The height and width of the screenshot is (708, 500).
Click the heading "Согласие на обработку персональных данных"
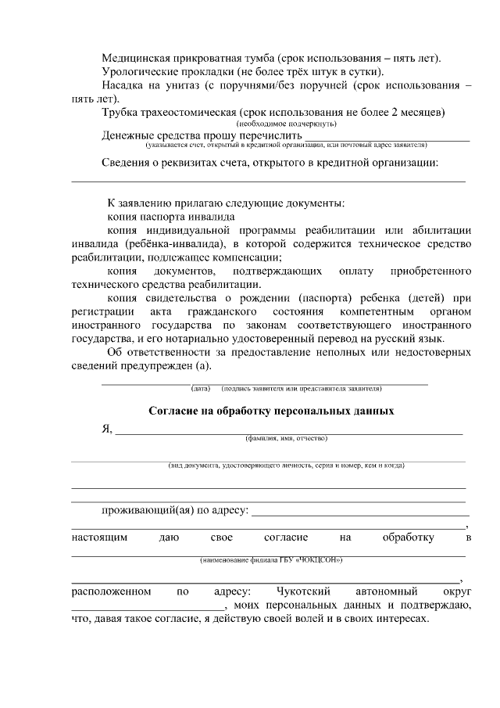click(x=271, y=411)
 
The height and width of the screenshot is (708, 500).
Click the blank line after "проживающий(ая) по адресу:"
click(x=359, y=515)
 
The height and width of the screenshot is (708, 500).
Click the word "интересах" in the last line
click(x=402, y=618)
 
